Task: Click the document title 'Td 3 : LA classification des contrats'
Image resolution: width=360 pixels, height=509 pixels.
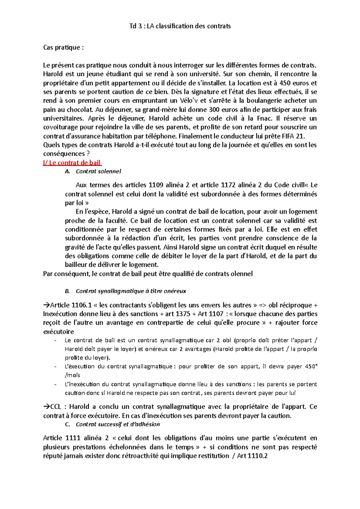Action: pos(180,26)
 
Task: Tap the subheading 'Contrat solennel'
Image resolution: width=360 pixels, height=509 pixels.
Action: pos(98,171)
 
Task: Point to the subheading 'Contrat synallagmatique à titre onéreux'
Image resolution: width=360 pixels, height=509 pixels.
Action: pos(131,291)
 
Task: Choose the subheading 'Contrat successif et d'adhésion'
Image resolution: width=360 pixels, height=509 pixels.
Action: pos(118,424)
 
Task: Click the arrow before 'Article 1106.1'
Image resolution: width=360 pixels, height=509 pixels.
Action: pos(46,305)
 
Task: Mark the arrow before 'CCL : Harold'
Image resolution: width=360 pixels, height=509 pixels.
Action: pos(46,407)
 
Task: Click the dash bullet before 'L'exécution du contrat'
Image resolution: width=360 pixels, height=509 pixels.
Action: pos(55,367)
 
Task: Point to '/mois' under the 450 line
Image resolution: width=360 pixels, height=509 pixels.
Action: pos(72,375)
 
